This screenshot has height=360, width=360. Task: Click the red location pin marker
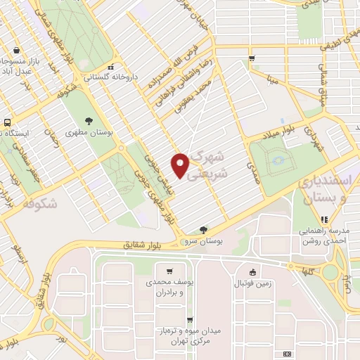pyautogui.click(x=181, y=165)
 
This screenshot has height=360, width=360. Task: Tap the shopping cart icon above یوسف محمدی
pyautogui.click(x=169, y=271)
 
